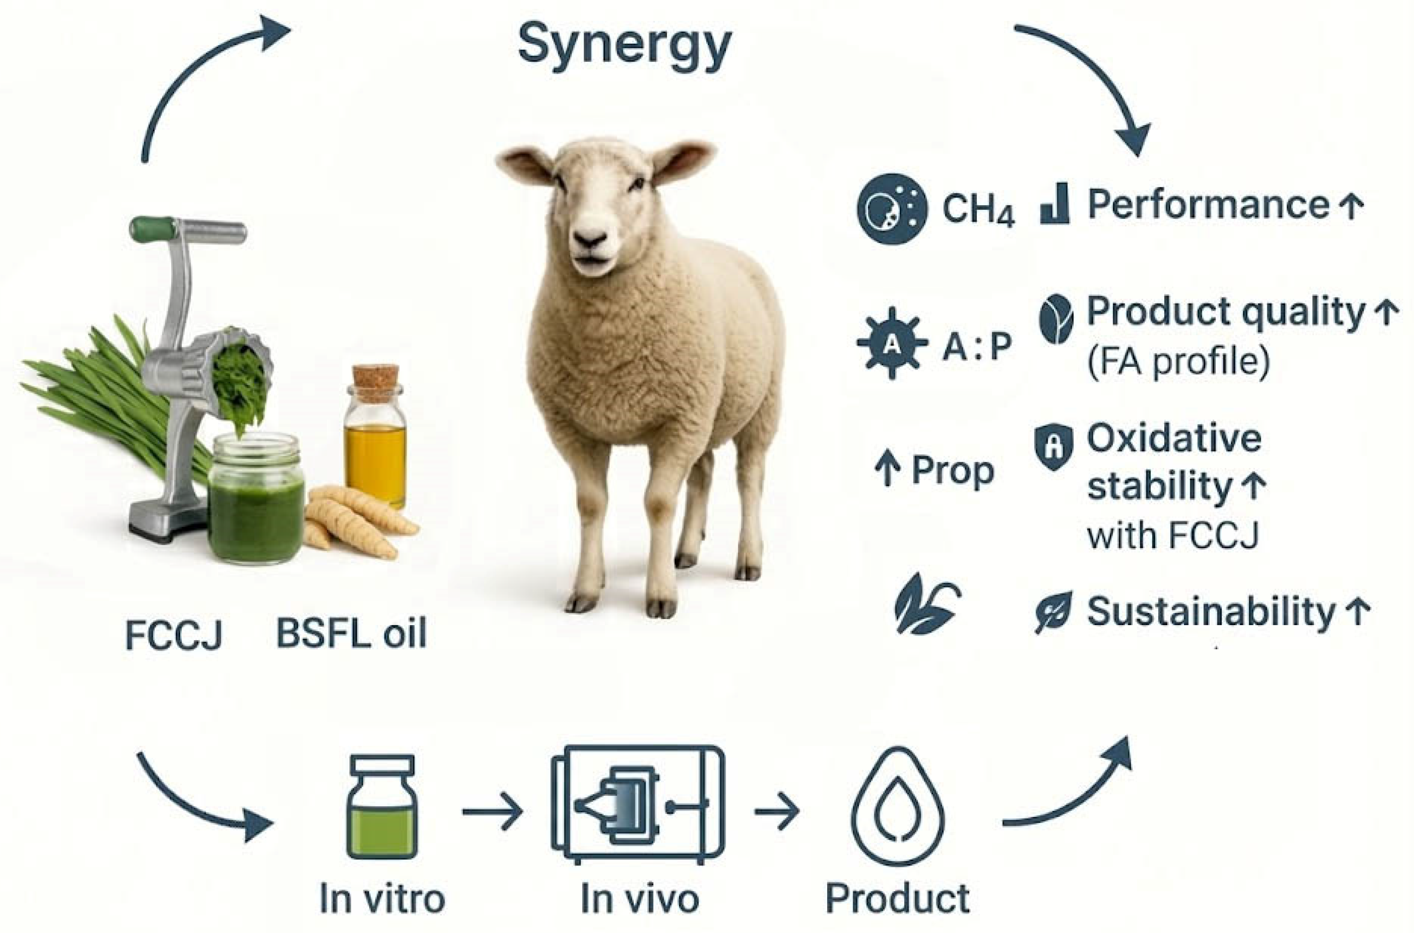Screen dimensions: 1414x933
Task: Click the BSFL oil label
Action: (351, 634)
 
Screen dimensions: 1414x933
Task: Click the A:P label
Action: (977, 347)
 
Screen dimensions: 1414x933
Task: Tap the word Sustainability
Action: (1211, 612)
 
